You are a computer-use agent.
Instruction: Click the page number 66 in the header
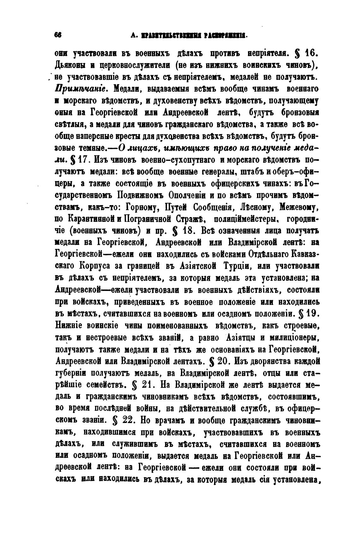point(57,35)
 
